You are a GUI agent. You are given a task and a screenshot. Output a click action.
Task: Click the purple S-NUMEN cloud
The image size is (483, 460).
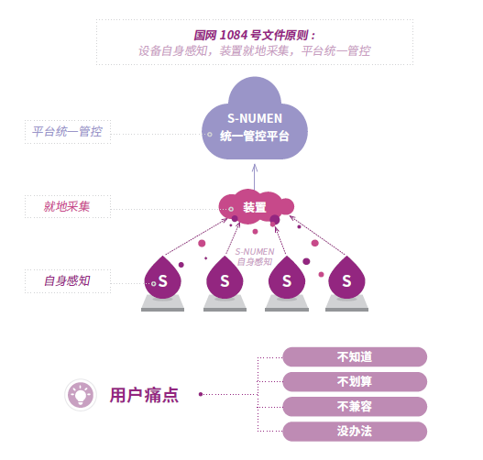click(255, 123)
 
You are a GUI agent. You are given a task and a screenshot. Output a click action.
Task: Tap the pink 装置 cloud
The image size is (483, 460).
click(256, 206)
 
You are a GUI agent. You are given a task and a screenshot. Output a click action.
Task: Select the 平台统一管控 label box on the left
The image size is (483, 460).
click(68, 132)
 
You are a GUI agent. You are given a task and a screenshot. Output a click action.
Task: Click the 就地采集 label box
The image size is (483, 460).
click(68, 206)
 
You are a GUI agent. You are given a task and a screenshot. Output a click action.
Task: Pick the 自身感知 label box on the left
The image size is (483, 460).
click(68, 280)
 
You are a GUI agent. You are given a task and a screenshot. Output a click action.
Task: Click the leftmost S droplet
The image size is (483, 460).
click(162, 279)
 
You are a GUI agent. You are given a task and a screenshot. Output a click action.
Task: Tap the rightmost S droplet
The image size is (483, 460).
click(346, 279)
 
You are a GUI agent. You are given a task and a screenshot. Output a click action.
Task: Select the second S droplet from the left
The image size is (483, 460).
click(225, 279)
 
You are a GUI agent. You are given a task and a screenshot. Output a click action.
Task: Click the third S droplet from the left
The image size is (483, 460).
click(287, 279)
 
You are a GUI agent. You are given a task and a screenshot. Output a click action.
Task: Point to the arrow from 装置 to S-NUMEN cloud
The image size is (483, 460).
click(255, 177)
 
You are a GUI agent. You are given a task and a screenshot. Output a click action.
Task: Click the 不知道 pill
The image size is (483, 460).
click(355, 356)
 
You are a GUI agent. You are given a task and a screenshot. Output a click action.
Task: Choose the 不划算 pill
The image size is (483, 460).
click(355, 382)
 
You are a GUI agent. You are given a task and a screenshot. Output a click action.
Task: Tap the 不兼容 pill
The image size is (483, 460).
click(355, 407)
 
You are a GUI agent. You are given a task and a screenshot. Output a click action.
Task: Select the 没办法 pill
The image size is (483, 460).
click(355, 432)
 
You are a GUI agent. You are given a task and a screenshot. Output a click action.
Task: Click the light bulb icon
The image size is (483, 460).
click(81, 395)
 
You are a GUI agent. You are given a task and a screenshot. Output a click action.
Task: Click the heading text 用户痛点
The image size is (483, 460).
click(144, 395)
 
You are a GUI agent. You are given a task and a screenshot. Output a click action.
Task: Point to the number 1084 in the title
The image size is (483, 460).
click(234, 35)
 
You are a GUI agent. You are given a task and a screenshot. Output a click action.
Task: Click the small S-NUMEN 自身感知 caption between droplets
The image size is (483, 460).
click(255, 257)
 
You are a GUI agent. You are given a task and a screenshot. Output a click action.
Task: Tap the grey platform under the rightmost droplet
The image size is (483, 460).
click(346, 303)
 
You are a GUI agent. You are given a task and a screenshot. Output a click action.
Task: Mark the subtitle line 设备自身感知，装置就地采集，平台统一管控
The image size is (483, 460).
click(255, 50)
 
